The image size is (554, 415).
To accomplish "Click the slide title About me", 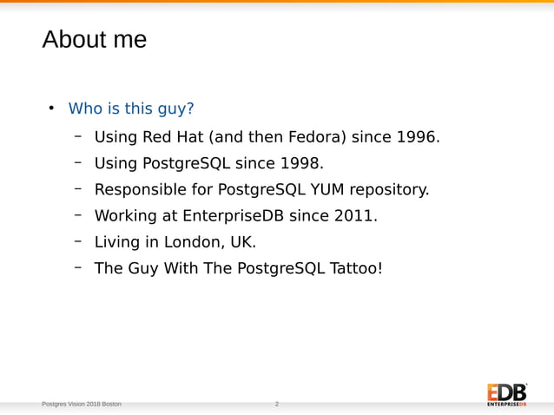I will [94, 40].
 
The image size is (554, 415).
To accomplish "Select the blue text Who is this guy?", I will [131, 109].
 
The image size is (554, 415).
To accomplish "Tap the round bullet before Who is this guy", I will [51, 109].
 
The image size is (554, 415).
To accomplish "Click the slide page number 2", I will [277, 405].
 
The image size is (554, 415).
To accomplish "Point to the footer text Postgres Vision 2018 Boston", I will [82, 405].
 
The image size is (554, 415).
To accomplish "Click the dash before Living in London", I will [77, 240].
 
